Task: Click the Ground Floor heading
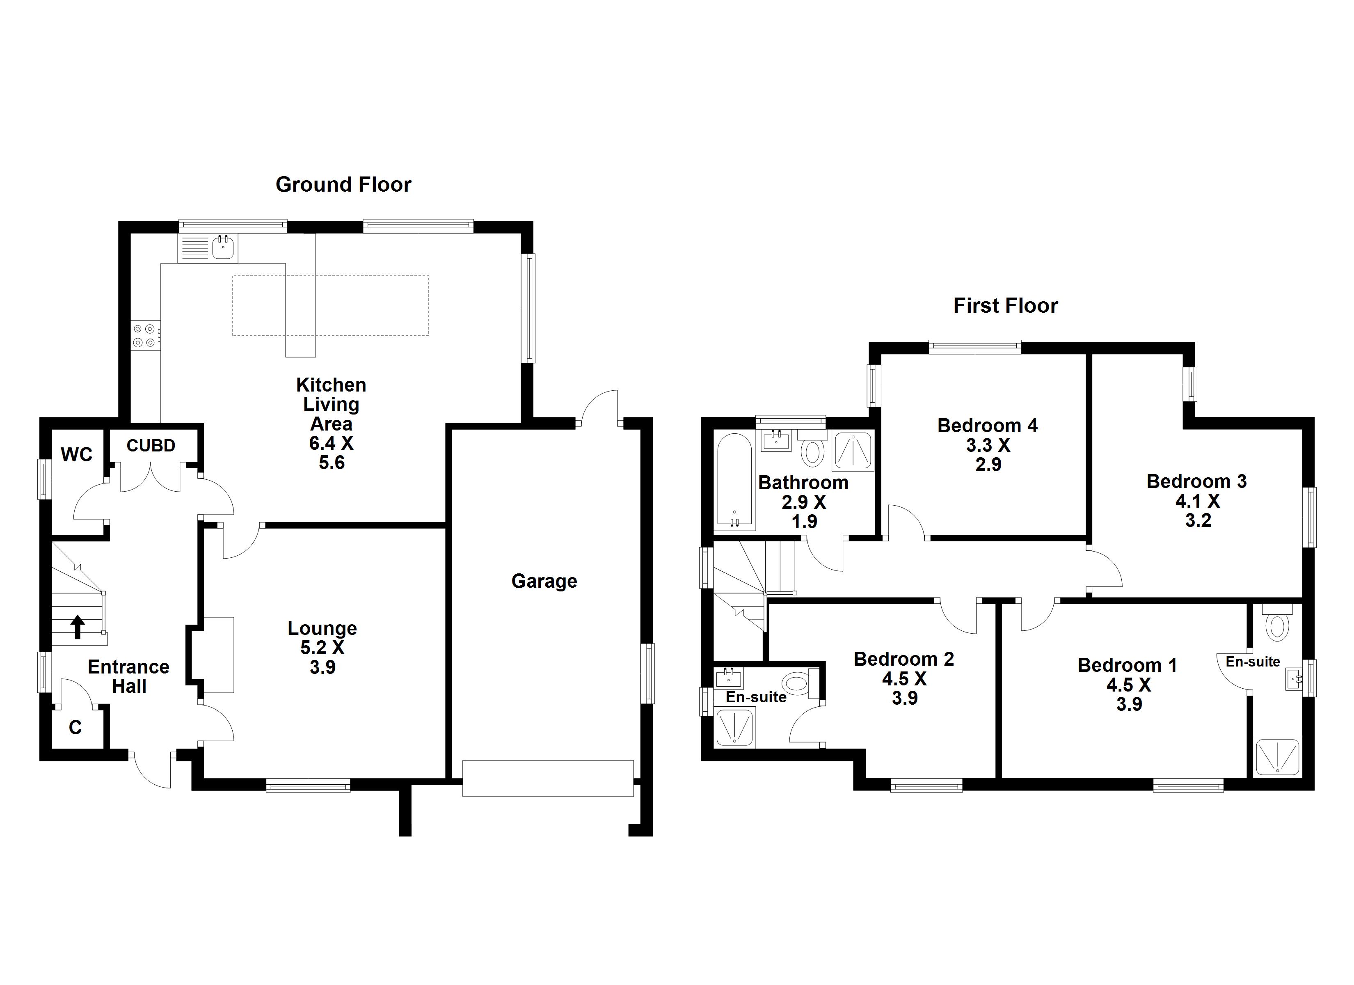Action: tap(343, 185)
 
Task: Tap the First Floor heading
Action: tap(1005, 306)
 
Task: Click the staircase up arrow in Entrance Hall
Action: tap(78, 627)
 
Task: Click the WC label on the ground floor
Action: tap(76, 455)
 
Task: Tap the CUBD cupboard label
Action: tap(151, 446)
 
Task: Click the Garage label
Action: tap(544, 581)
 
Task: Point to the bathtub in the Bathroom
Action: tap(734, 481)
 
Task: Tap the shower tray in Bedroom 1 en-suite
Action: tap(1277, 757)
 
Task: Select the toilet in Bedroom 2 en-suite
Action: tap(796, 682)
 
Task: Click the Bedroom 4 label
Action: tap(988, 426)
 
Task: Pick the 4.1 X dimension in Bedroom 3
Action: tap(1197, 501)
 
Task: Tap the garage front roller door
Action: tap(547, 778)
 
